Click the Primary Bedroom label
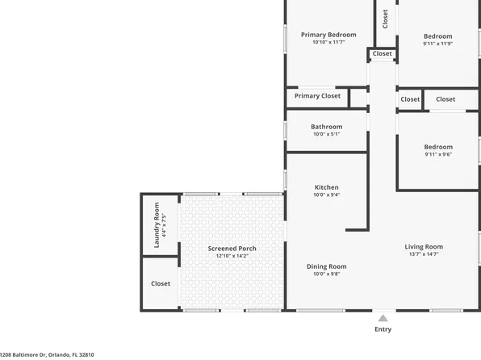328,35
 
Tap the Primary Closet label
317,96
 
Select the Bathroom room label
327,127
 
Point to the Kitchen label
326,187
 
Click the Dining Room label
326,266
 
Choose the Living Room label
424,247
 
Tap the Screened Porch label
232,248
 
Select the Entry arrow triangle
383,317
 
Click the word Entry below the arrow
383,329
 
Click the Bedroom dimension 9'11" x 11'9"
438,44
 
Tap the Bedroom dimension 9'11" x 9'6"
438,154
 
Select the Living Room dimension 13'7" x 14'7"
424,255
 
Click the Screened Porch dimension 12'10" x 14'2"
232,256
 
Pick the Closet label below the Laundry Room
161,283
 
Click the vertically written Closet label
385,18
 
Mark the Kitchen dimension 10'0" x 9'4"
326,195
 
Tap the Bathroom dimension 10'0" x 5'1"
327,134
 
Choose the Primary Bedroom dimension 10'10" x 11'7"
328,43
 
